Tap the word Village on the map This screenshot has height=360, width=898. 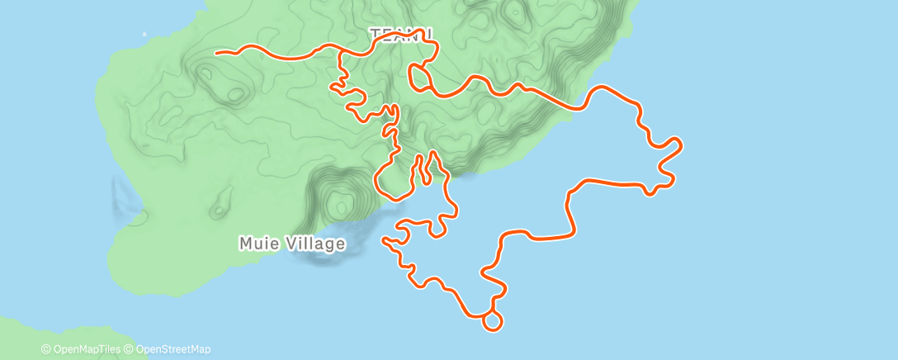coord(314,244)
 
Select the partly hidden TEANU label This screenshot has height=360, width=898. coord(400,34)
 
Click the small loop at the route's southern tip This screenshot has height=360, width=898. coord(492,321)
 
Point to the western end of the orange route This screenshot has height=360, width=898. coord(217,53)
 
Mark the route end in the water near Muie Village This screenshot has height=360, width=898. coord(383,240)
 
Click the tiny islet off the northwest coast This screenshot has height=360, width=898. coord(145,35)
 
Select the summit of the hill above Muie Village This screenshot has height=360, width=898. coord(337,201)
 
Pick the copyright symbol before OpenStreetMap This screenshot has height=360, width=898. coord(129,350)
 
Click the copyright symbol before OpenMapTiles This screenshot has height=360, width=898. coord(46,350)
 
